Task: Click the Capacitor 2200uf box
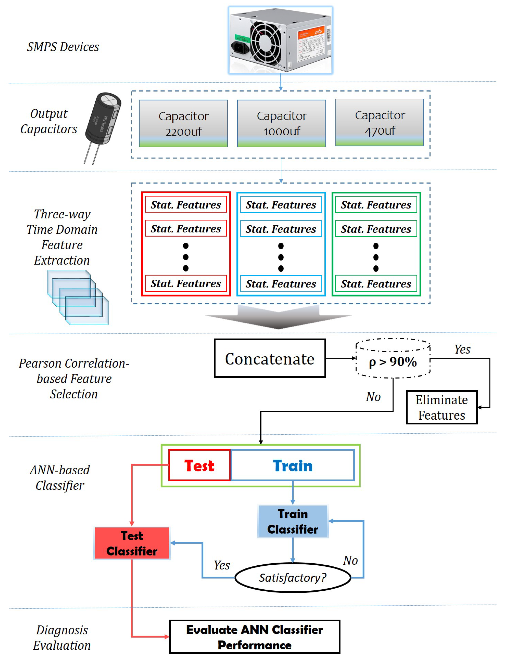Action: coord(183,123)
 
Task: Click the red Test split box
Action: coord(199,465)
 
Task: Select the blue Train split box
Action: coord(292,465)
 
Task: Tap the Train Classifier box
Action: coord(292,521)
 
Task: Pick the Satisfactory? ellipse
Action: coord(292,578)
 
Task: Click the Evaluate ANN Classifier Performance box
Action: coord(255,637)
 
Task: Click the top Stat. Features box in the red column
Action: coord(186,205)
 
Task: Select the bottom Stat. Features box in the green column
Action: coord(376,284)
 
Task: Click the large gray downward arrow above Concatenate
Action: coord(278,318)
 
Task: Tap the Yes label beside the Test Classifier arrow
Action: coord(222,565)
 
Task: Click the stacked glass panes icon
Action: coord(78,297)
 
